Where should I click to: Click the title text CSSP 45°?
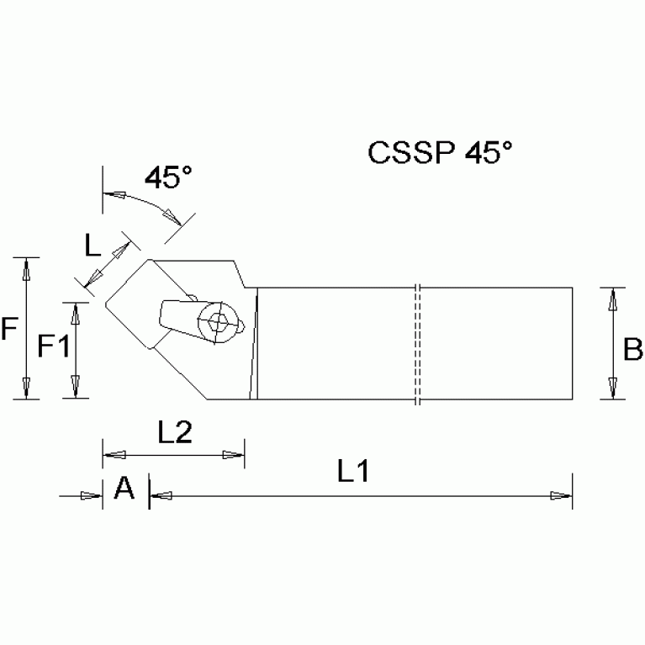(440, 152)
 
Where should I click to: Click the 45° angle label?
(168, 177)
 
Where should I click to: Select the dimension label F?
(9, 329)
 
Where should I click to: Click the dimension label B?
(632, 349)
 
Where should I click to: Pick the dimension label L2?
(176, 432)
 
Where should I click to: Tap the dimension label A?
(124, 488)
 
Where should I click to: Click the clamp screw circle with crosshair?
(217, 321)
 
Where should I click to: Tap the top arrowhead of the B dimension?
(613, 299)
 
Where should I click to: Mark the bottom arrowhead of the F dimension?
(27, 388)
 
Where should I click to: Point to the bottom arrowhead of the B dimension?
(613, 388)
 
